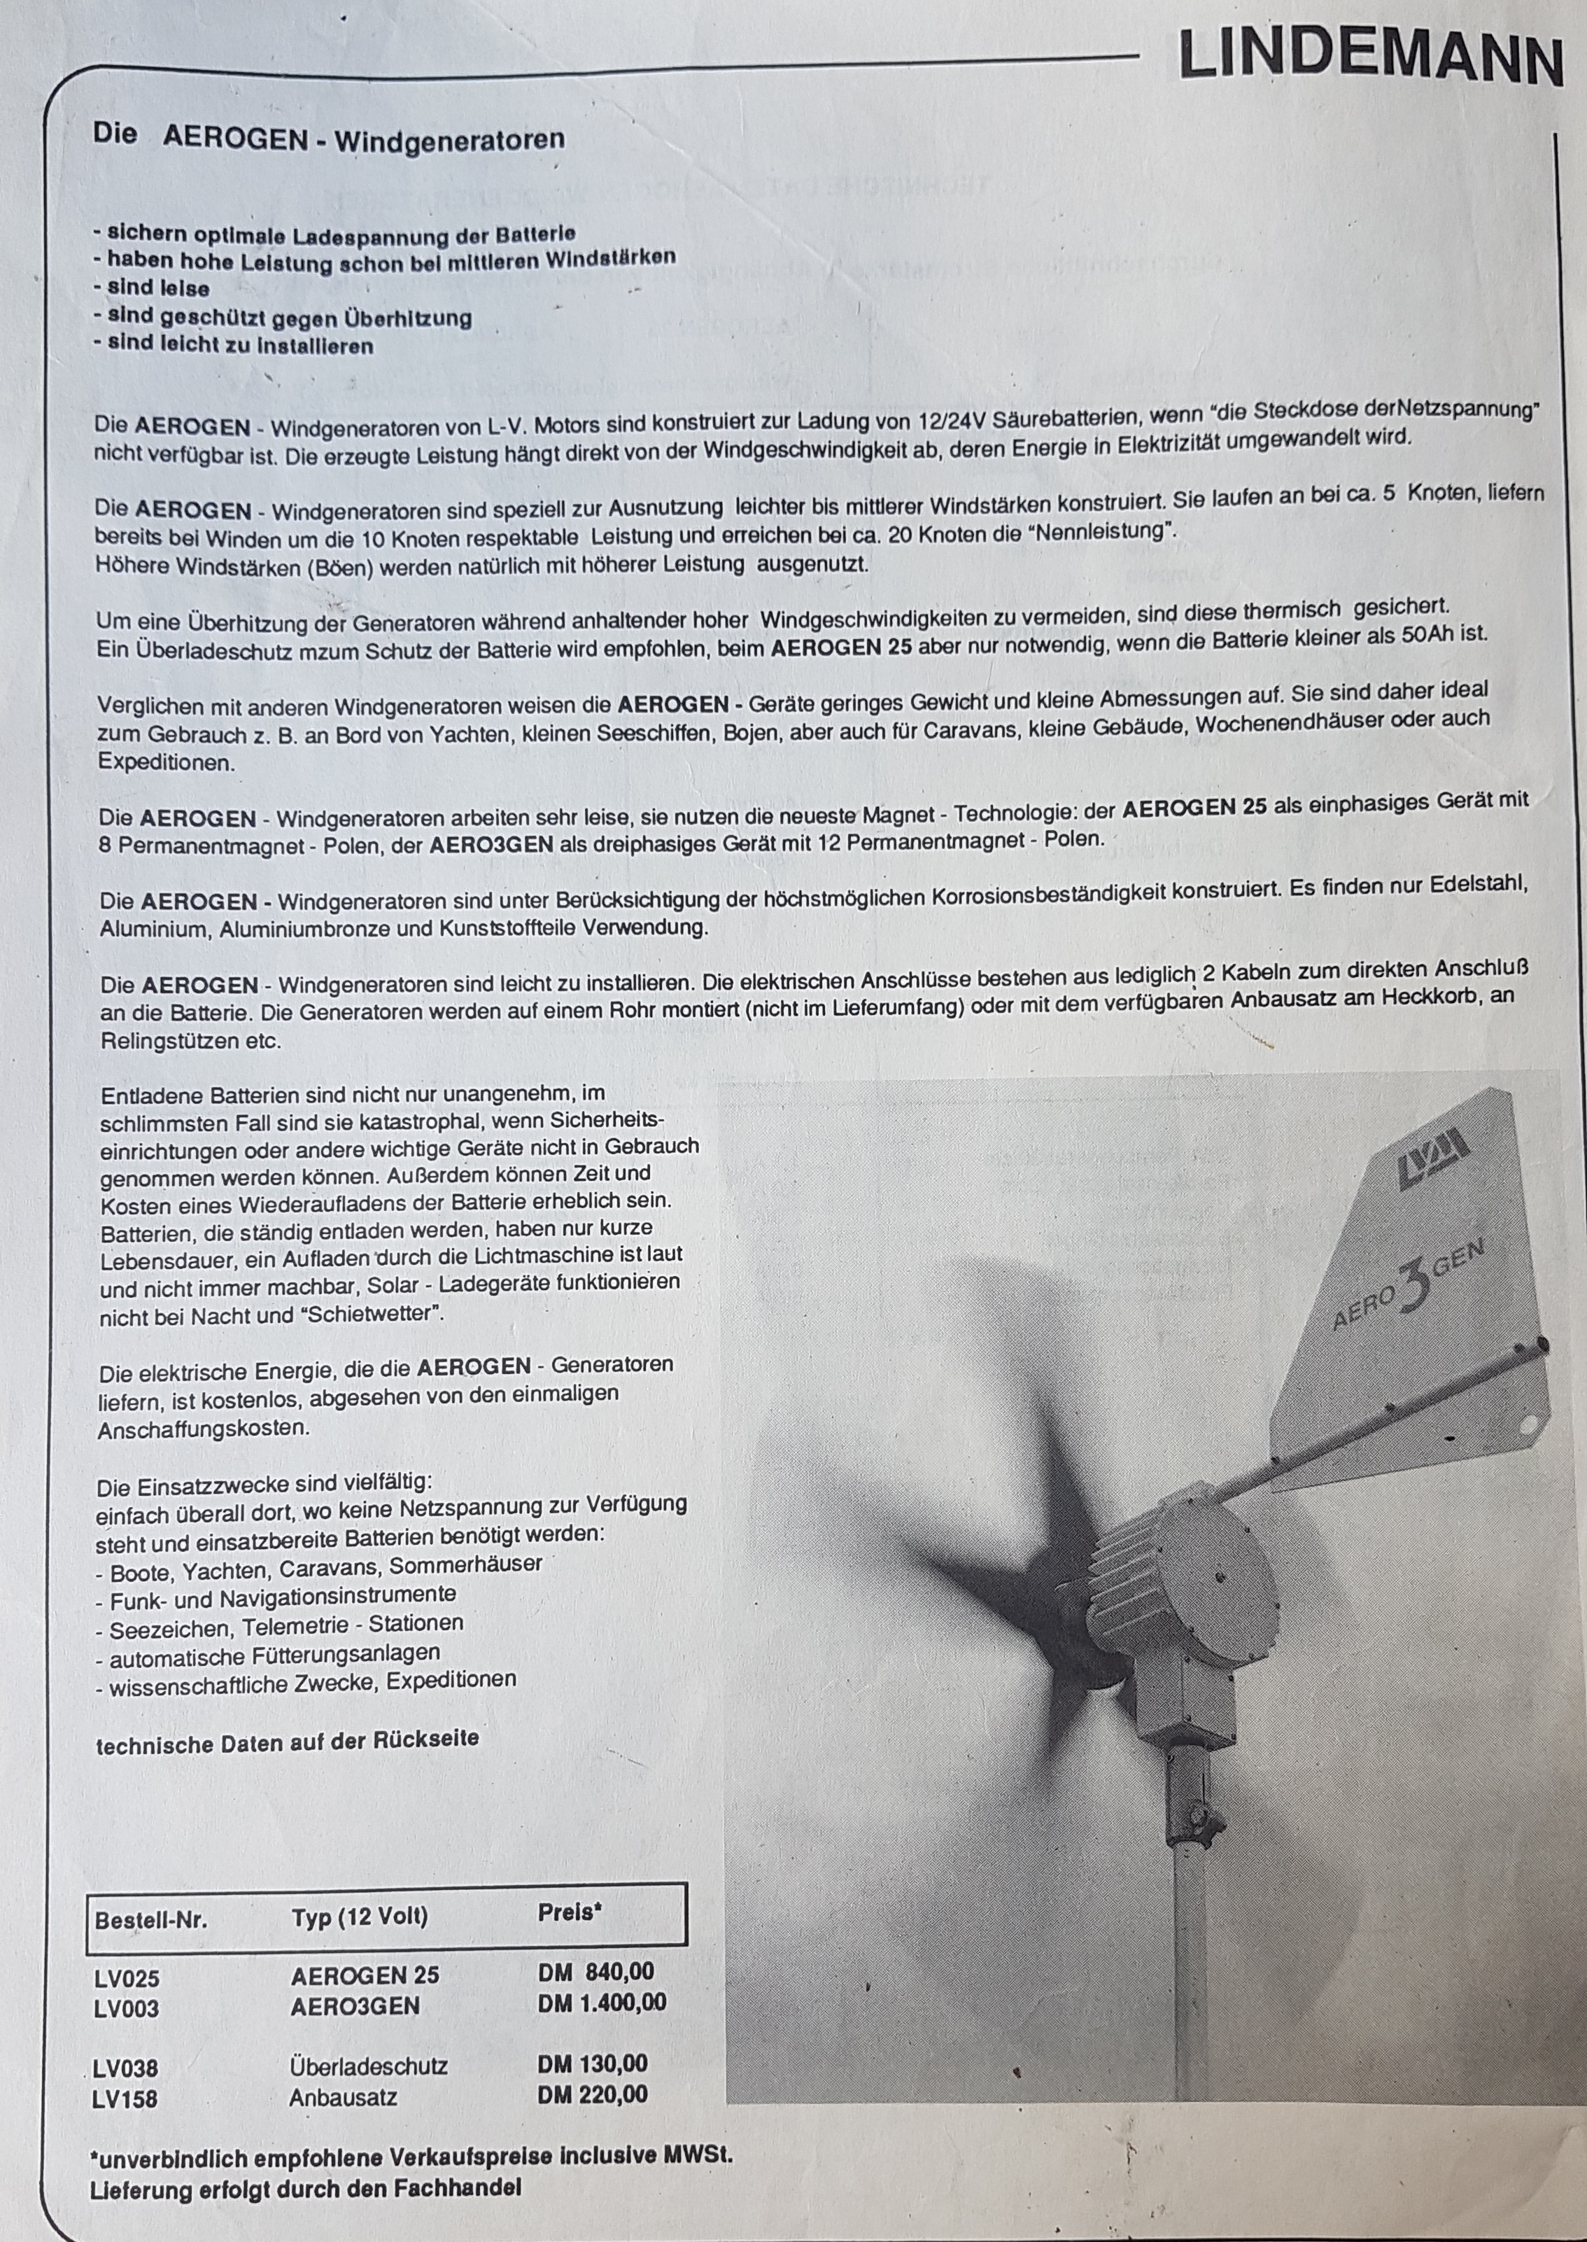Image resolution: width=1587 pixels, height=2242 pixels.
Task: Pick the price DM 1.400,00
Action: (602, 2003)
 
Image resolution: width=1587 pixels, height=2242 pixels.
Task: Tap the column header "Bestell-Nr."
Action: (151, 1919)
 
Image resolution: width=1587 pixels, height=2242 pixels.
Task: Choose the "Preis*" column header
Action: (570, 1912)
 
